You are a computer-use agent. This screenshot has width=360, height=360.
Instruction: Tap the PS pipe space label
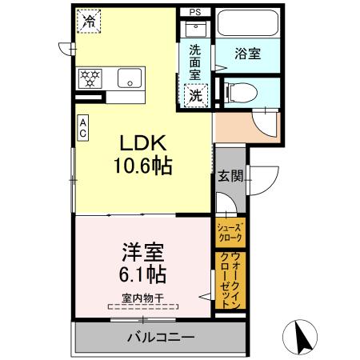click(195, 12)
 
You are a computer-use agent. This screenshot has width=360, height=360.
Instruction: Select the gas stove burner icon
click(90, 78)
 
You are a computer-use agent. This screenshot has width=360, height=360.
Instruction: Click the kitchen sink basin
click(129, 78)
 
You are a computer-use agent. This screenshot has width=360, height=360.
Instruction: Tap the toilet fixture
click(241, 91)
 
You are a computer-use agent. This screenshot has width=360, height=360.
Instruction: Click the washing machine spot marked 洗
click(194, 94)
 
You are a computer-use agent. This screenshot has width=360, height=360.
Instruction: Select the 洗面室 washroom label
click(194, 61)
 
